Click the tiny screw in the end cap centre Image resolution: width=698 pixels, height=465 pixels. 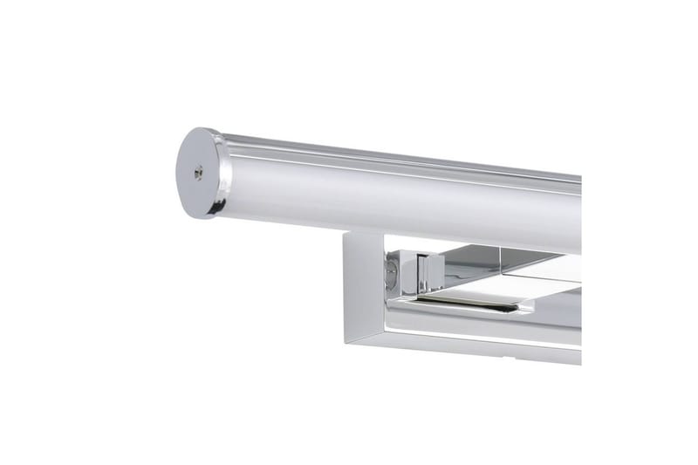(200, 174)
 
